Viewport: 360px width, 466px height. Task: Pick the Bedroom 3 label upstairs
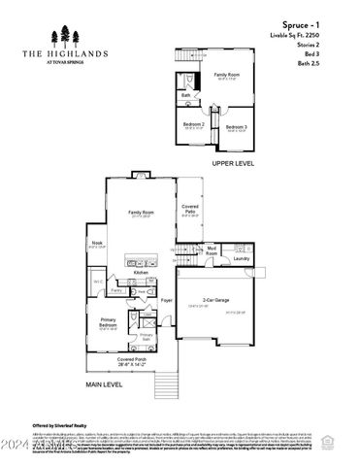[236, 127]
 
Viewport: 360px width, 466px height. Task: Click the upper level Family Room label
[227, 75]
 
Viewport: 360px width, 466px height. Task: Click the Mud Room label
[211, 251]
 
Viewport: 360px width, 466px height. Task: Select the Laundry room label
[242, 259]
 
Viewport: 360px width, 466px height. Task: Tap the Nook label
[98, 243]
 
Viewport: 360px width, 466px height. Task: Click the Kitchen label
[141, 274]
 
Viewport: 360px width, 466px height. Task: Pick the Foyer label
[166, 301]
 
